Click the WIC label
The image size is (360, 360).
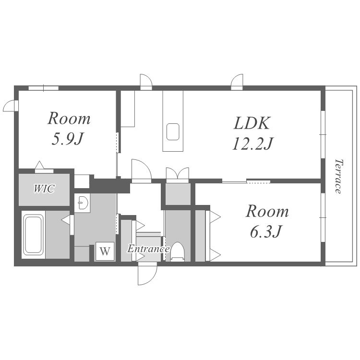[x=44, y=189]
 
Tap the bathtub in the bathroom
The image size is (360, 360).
[x=34, y=234]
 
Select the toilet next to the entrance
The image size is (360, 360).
[x=178, y=252]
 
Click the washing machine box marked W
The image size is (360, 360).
[x=105, y=251]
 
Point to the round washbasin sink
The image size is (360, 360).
[x=82, y=203]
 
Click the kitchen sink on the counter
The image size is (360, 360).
[x=173, y=132]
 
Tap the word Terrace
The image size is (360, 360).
[x=338, y=176]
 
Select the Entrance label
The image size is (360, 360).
[x=148, y=249]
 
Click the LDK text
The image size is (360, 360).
[x=252, y=123]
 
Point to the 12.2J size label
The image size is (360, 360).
[x=252, y=144]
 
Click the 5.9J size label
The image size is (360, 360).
[x=67, y=139]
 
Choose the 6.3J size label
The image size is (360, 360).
[x=265, y=231]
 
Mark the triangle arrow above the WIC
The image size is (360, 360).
[x=39, y=165]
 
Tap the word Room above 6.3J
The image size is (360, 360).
[x=267, y=212]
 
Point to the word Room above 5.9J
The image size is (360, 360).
[x=69, y=119]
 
